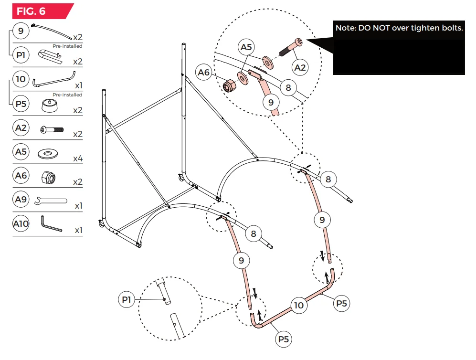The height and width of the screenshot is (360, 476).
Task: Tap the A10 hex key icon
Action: click(50, 224)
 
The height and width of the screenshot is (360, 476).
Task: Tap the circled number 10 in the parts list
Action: click(21, 78)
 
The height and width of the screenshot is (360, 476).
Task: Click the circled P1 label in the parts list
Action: click(21, 55)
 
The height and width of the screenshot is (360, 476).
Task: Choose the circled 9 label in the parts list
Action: click(21, 32)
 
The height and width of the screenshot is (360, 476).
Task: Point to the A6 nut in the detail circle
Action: click(230, 86)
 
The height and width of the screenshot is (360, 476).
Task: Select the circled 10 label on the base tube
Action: click(299, 305)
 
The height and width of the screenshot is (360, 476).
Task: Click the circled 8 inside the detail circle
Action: click(288, 87)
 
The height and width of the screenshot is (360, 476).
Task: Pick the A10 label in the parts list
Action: click(21, 223)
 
